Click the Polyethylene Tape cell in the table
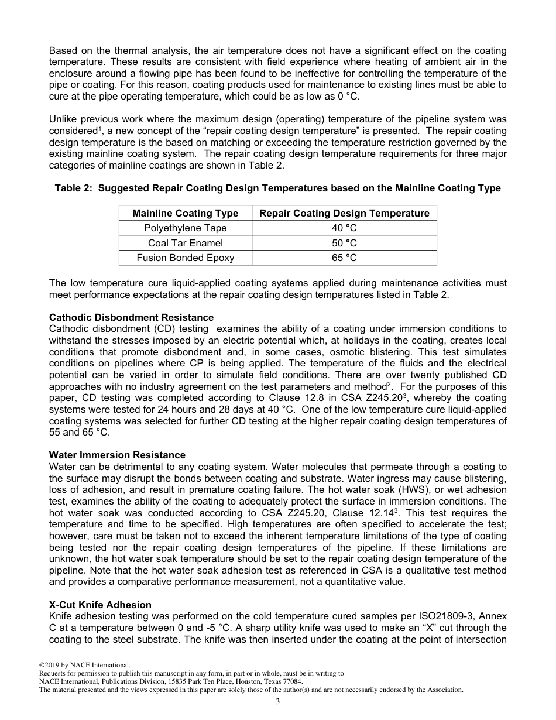click(x=185, y=228)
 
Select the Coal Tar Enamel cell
click(x=185, y=243)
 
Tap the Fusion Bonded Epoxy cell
click(x=185, y=258)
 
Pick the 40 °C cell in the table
click(x=344, y=228)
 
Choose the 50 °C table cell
click(x=344, y=243)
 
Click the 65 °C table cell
click(x=344, y=258)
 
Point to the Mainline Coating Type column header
click(x=185, y=213)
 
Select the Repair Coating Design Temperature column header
click(x=344, y=213)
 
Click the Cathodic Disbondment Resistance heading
click(x=131, y=318)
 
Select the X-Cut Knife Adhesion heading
click(x=100, y=605)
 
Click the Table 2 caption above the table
click(x=277, y=188)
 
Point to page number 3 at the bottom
click(x=278, y=701)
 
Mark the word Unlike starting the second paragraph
click(x=63, y=119)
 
